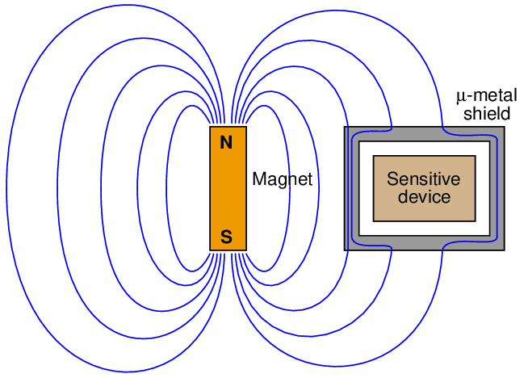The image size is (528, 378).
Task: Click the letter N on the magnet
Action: (x=227, y=145)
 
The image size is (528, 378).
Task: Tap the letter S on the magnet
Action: (x=227, y=237)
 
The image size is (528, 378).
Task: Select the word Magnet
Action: (x=282, y=178)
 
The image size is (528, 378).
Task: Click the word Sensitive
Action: (x=423, y=179)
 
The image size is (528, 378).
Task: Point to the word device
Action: (x=424, y=196)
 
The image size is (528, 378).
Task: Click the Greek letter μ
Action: (x=461, y=97)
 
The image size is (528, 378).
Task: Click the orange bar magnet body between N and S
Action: (x=228, y=190)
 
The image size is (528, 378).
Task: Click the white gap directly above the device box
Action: (x=424, y=149)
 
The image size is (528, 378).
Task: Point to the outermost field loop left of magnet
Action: (x=7, y=190)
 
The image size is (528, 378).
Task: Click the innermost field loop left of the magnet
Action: (x=168, y=190)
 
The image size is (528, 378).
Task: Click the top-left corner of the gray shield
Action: (x=346, y=129)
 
